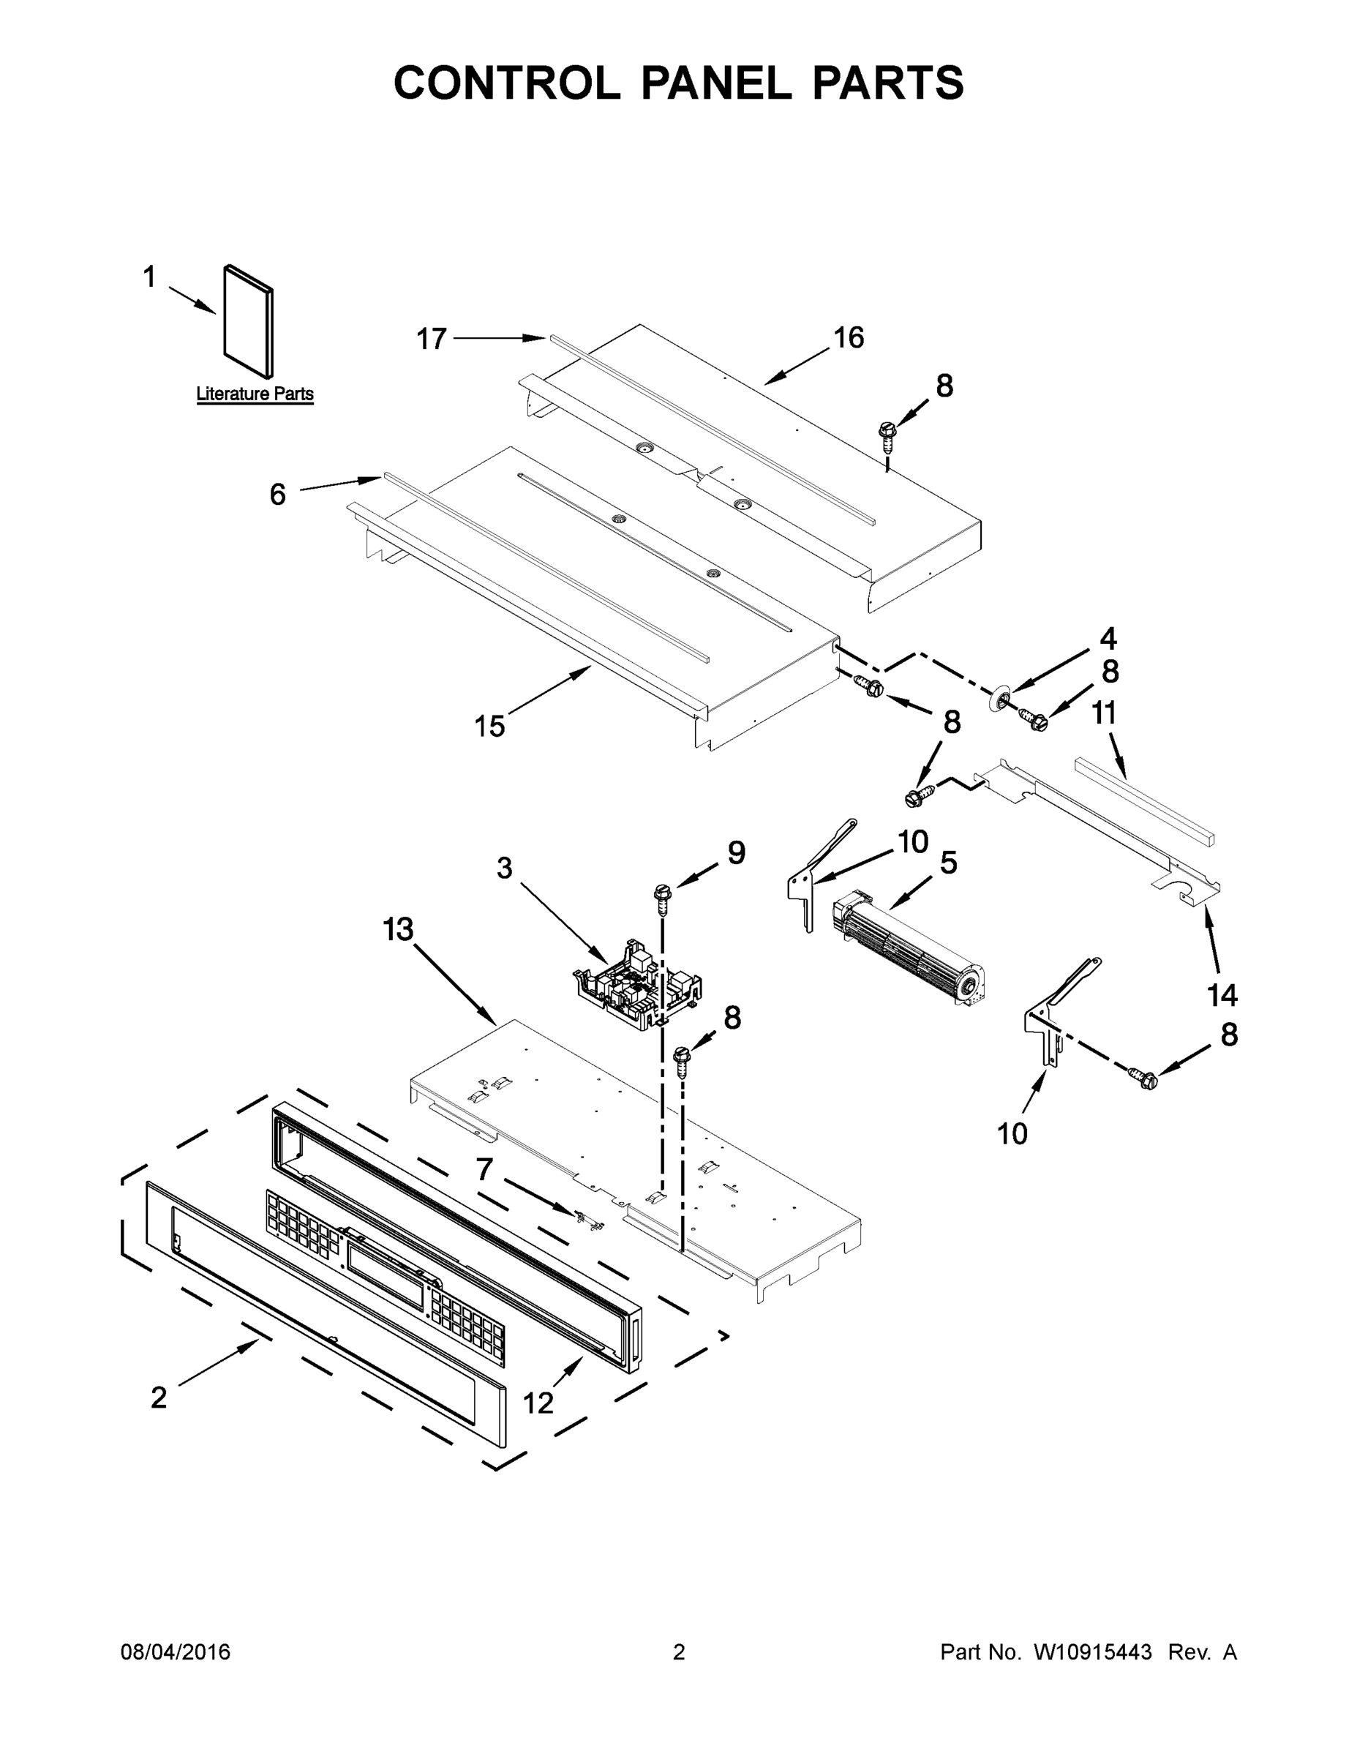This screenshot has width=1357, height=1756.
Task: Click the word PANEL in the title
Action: (x=716, y=83)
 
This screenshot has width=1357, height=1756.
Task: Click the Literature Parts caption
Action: (x=255, y=394)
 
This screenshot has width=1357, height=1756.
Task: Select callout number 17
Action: (x=431, y=339)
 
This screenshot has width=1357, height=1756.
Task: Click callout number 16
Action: (x=848, y=338)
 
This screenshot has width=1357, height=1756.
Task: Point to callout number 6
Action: (x=277, y=495)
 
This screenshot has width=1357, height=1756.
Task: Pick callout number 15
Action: (x=489, y=726)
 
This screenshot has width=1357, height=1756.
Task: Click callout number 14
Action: (x=1222, y=995)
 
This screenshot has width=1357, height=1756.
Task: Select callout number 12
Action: (x=538, y=1403)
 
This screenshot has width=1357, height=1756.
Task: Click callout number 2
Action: (x=159, y=1397)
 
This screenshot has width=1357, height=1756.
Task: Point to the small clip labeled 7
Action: (x=593, y=1220)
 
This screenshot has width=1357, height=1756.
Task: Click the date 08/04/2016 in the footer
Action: (x=176, y=1651)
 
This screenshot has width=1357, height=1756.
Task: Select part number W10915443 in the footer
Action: (x=1092, y=1651)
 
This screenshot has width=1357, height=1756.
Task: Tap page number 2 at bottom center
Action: (x=679, y=1651)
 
